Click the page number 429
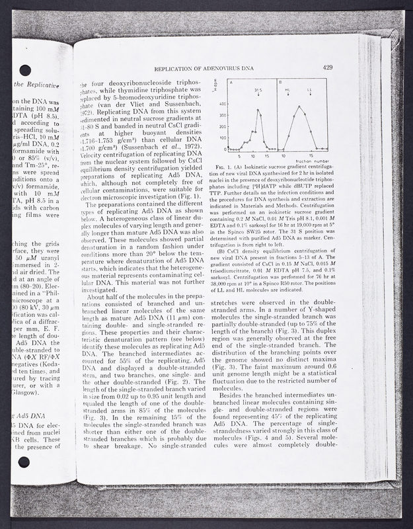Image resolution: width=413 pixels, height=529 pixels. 328,67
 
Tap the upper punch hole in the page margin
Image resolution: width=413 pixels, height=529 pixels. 24,70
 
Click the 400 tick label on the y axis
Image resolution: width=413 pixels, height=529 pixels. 222,104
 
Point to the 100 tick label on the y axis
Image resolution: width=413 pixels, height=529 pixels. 222,138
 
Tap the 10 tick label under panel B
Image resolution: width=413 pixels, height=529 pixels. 283,156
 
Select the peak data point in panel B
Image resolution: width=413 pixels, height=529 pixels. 299,106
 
